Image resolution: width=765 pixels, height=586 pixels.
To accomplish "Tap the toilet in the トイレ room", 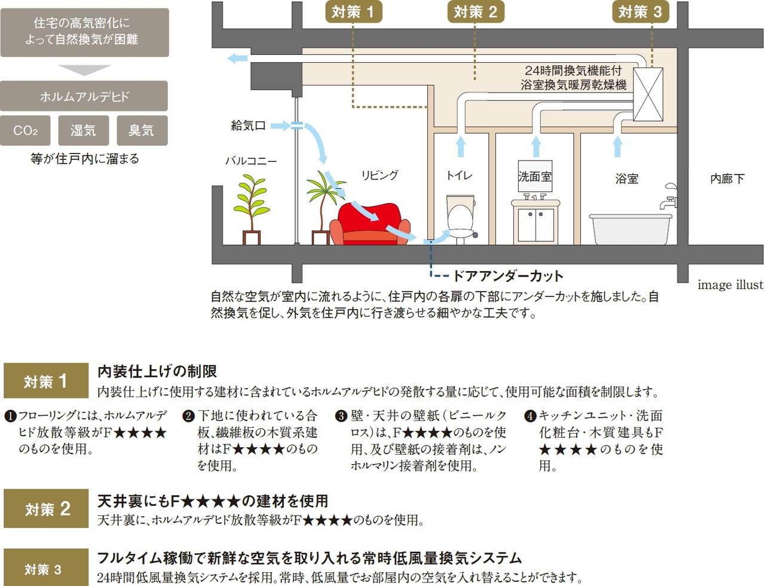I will pos(460,218).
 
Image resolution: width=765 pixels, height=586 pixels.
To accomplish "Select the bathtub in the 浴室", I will pos(630,229).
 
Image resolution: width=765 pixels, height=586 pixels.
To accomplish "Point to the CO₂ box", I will pos(25,130).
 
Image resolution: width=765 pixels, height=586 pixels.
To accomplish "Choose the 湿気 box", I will pos(83,130).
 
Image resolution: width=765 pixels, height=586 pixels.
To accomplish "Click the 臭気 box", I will pos(142,130).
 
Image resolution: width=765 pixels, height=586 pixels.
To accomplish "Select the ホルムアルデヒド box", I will pos(84,96).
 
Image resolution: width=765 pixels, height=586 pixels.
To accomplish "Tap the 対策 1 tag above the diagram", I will pos(353,12).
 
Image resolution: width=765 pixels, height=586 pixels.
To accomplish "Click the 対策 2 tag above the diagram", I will pos(475,12).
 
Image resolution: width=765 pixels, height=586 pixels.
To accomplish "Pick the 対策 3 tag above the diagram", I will pos(640,12).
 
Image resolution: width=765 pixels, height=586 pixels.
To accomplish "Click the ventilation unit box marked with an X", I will pos(648,94).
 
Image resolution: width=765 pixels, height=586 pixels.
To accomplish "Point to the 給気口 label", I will pos(248,125).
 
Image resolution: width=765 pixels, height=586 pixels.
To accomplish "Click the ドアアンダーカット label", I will pos(508,276).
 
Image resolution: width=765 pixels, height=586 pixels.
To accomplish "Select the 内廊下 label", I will pos(727,179).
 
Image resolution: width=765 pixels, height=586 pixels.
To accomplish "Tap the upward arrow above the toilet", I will pos(460,146).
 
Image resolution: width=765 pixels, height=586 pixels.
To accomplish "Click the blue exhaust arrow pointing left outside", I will pos(237,58).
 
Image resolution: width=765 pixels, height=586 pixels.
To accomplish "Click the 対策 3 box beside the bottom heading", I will pos(46,569).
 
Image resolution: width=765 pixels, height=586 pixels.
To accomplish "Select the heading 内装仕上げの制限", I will pos(157,372).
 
